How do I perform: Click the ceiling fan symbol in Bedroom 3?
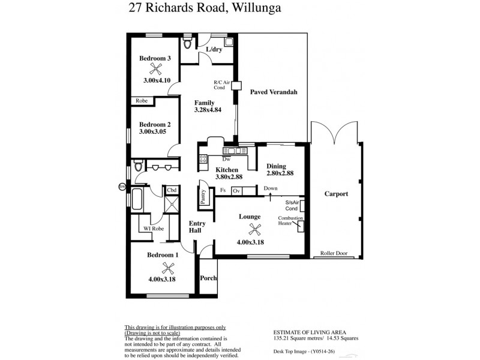pyautogui.click(x=156, y=68)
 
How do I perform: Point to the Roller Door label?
pyautogui.click(x=334, y=253)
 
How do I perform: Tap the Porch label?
pyautogui.click(x=208, y=278)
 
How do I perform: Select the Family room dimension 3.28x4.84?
pyautogui.click(x=208, y=110)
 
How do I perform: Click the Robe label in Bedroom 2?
pyautogui.click(x=142, y=101)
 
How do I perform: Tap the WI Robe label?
pyautogui.click(x=154, y=229)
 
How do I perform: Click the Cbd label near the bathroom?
pyautogui.click(x=172, y=190)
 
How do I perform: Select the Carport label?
pyautogui.click(x=337, y=194)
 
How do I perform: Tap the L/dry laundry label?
pyautogui.click(x=214, y=49)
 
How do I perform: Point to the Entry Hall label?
pyautogui.click(x=197, y=227)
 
